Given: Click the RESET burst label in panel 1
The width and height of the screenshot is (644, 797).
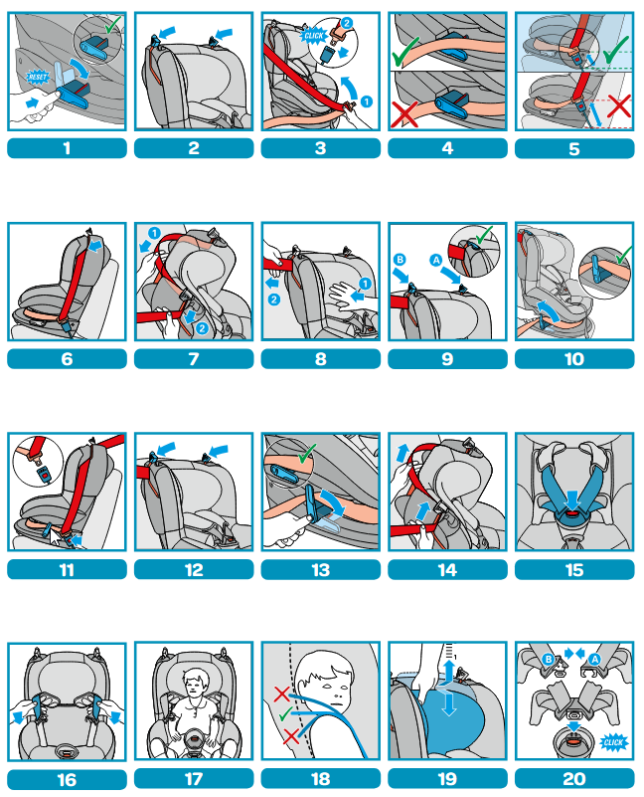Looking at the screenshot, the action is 37,77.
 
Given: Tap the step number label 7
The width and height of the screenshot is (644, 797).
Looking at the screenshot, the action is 194,359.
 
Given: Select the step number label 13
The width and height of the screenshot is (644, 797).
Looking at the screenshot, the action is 320,569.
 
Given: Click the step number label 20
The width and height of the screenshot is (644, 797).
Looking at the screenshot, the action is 574,779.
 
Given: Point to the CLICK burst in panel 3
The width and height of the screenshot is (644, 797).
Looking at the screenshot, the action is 313,36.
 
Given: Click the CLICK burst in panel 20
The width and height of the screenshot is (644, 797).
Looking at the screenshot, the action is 613,742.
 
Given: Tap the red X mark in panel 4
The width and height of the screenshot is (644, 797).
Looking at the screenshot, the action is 404,113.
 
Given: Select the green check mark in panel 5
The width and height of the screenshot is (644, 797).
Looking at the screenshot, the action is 616,51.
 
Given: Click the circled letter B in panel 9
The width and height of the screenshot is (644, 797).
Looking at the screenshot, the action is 400,260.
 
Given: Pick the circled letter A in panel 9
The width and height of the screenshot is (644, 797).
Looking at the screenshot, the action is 435,261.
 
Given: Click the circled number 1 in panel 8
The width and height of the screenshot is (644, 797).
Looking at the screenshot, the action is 365,284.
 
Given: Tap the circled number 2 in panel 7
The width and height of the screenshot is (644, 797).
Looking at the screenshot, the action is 202,328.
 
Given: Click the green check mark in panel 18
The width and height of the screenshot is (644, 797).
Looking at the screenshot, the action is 285,714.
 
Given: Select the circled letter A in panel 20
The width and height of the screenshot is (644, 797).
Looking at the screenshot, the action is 594,660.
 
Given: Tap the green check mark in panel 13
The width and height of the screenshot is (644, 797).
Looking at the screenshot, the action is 306,454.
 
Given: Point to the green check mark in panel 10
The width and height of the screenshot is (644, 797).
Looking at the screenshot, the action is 623,255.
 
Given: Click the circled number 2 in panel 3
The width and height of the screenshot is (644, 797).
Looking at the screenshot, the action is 347,23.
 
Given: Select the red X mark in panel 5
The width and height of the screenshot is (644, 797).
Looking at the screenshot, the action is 618,106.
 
